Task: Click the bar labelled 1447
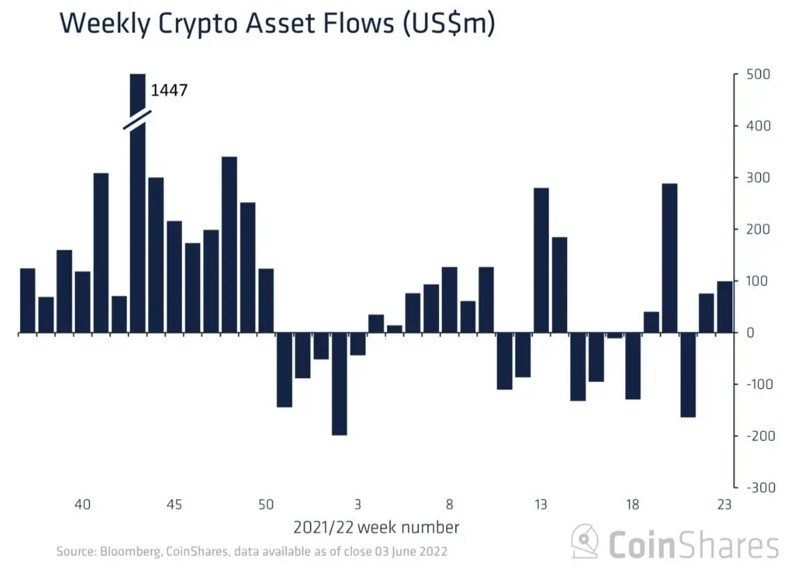(138, 208)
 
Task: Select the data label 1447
(170, 90)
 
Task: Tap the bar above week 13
(540, 260)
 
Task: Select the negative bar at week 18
(632, 366)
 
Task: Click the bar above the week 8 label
(450, 300)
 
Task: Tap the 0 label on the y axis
(751, 333)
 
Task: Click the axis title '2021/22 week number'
(377, 527)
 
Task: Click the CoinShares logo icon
(586, 542)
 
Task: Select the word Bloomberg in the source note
(124, 551)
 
